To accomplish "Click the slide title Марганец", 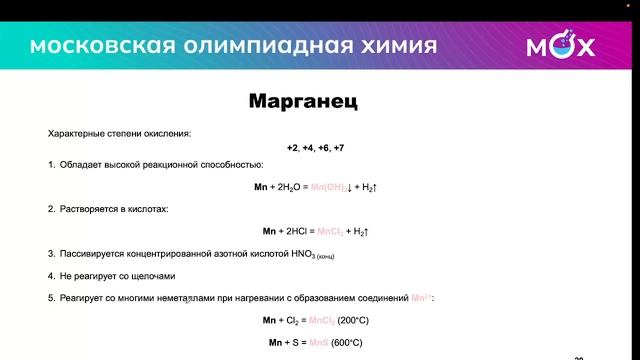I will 302,102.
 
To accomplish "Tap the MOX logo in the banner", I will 560,46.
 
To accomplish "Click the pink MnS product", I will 321,343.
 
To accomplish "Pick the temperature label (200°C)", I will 354,320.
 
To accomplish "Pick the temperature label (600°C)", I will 345,343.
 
